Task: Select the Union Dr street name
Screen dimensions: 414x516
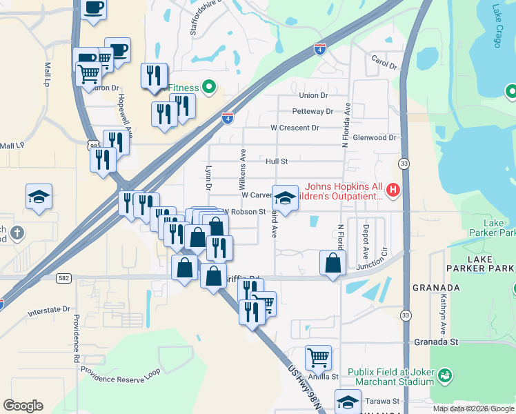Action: (x=314, y=95)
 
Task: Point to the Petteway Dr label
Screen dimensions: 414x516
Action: (x=312, y=111)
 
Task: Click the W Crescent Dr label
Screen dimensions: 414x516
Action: (x=295, y=128)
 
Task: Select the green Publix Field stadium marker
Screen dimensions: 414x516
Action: (x=446, y=375)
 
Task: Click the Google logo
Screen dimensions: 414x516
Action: (x=23, y=405)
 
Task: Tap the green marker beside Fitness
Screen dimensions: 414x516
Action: (x=209, y=88)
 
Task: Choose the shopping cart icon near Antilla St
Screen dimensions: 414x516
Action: (x=318, y=357)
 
